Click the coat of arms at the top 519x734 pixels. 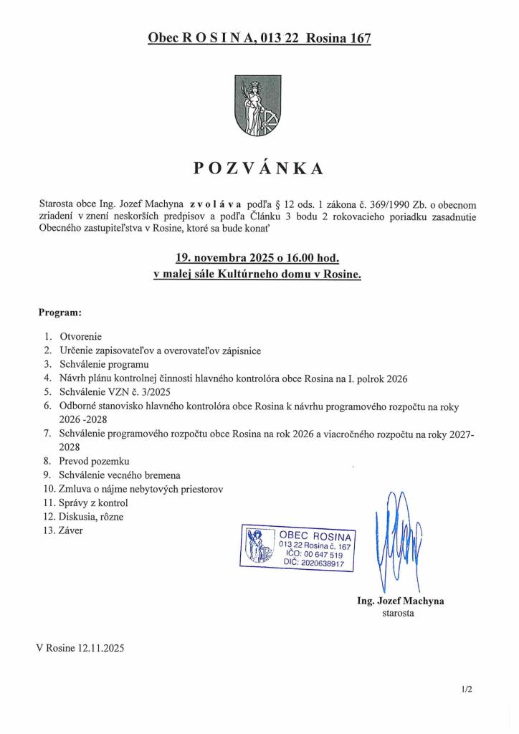coord(258,107)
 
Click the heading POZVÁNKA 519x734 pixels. coord(258,169)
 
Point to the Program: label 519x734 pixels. coord(59,313)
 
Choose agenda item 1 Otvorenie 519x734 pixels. coord(81,336)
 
